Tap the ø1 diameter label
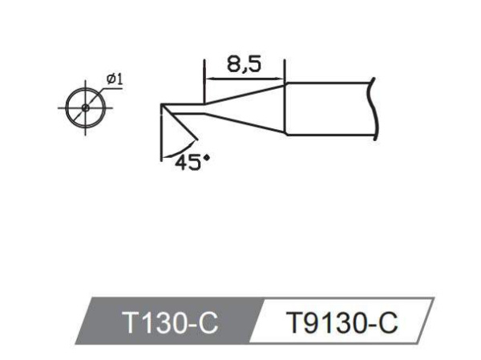click(x=113, y=79)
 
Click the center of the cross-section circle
click(x=86, y=107)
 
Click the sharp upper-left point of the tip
click(x=161, y=105)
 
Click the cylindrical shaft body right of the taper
click(x=329, y=107)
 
